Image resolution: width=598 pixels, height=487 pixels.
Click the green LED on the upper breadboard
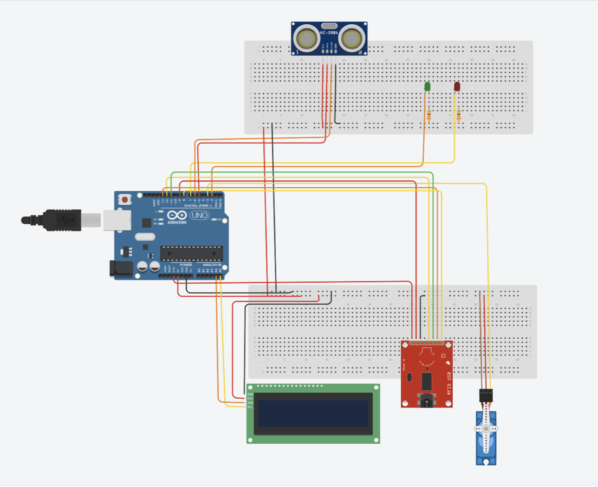pos(427,86)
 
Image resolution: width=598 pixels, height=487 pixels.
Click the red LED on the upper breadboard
pos(457,86)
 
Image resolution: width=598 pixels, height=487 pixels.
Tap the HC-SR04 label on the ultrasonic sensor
pos(329,33)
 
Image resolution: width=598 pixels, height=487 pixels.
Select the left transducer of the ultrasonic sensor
pos(307,39)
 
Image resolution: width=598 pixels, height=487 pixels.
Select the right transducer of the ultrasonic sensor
pos(351,39)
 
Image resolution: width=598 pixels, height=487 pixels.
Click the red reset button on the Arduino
pos(125,199)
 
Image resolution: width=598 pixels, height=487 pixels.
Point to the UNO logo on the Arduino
pos(199,215)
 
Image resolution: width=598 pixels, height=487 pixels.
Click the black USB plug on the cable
pos(63,220)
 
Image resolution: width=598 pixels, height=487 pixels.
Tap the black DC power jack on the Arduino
pos(121,268)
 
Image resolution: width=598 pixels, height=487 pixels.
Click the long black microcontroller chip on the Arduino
pos(191,253)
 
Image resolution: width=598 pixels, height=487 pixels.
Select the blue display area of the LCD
pos(313,413)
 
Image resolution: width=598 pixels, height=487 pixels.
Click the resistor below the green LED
pos(429,115)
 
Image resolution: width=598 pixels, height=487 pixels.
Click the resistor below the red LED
pos(459,115)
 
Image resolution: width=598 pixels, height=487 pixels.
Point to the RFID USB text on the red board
pos(449,383)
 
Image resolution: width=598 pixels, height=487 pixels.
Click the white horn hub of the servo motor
pos(486,428)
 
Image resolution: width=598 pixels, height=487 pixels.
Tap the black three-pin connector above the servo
pos(486,395)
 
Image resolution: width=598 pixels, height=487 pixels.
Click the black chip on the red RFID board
pos(427,381)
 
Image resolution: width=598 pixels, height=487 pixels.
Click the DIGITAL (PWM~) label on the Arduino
pos(198,206)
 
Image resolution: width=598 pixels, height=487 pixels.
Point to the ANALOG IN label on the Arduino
pos(212,265)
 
